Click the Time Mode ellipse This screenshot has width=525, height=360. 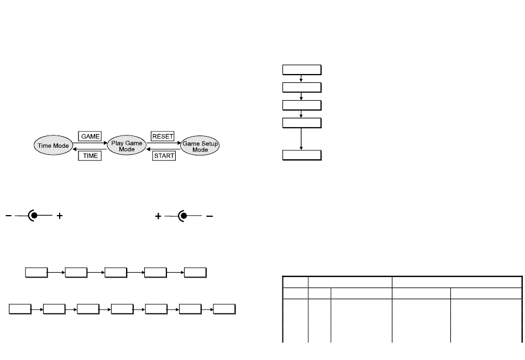point(53,145)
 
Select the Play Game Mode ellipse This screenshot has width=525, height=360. point(127,145)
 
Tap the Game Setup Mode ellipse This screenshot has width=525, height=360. point(200,145)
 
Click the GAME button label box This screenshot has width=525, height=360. point(90,136)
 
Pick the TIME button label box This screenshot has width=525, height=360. point(90,155)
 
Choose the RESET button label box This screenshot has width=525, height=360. point(162,136)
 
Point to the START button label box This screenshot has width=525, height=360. point(164,155)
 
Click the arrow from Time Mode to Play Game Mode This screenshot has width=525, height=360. point(90,143)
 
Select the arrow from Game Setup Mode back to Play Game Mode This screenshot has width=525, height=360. point(164,149)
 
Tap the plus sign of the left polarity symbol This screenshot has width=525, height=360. point(60,216)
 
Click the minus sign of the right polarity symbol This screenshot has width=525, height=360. point(209,216)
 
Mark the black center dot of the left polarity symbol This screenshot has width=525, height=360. point(34,216)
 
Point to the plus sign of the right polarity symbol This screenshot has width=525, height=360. point(158,216)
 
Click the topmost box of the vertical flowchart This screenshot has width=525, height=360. point(302,70)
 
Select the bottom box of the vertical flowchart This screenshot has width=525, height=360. point(302,155)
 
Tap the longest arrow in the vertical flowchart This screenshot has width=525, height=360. point(301,139)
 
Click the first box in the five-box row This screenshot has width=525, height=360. point(36,273)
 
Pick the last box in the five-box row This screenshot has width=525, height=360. point(195,273)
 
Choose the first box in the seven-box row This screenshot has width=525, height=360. point(20,309)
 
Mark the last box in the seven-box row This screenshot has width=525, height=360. point(224,309)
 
